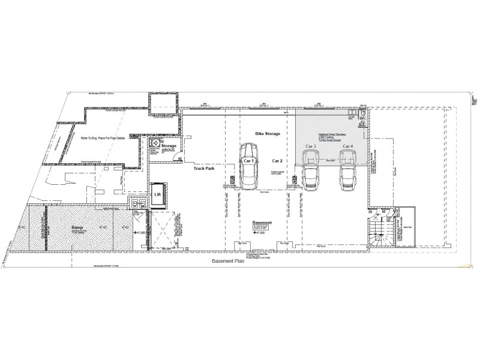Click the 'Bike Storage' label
tap(268, 134)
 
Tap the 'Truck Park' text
tap(205, 169)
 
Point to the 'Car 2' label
tap(277, 161)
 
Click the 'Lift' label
tap(158, 194)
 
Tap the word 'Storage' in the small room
tap(169, 146)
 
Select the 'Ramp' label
tap(76, 228)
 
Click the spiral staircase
tap(379, 230)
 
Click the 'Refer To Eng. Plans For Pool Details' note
tap(99, 138)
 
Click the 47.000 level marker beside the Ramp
tap(140, 232)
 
